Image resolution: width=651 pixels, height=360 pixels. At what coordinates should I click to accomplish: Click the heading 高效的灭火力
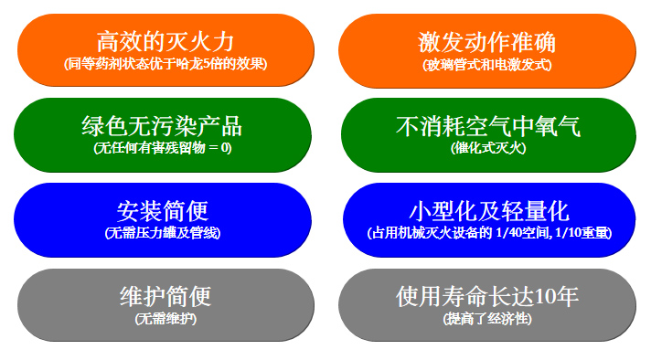165,41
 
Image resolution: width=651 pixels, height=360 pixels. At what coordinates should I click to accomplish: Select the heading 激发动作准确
487,42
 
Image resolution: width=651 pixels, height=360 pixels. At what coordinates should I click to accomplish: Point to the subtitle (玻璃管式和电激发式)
487,65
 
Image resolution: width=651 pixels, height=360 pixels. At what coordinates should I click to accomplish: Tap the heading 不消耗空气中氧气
487,126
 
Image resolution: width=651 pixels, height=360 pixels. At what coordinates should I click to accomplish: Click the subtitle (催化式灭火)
487,147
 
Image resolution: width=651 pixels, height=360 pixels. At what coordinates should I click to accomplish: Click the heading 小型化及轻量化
488,211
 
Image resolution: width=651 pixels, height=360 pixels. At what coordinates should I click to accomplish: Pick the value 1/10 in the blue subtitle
564,233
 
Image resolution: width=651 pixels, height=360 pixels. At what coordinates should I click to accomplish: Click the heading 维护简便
165,297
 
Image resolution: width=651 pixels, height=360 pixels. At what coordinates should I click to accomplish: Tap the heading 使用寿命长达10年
487,297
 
